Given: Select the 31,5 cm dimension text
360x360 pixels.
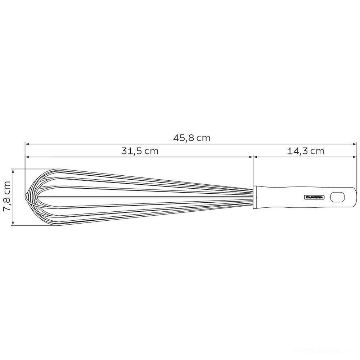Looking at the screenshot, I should point(139,151).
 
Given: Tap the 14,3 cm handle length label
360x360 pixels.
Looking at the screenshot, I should point(306,151).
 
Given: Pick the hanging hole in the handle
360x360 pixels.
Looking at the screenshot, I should point(337,197).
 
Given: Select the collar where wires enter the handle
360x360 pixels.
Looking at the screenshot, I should point(255,197).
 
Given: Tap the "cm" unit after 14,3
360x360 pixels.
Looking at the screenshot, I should point(317,151).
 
